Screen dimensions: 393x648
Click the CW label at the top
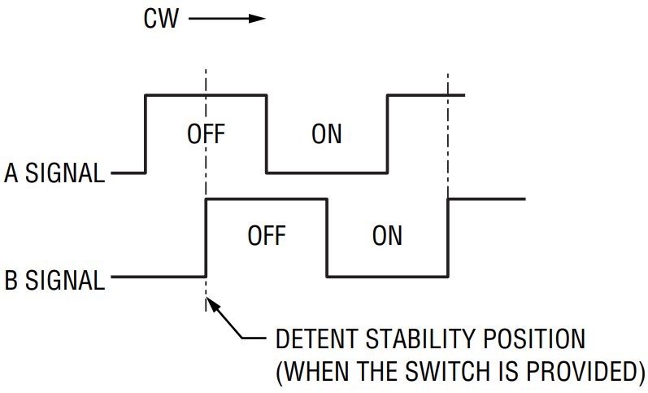point(162,18)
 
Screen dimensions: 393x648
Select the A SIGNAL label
point(54,173)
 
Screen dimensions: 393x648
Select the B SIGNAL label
point(54,280)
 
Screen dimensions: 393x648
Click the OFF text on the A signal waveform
point(206,133)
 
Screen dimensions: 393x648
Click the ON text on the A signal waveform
point(327,133)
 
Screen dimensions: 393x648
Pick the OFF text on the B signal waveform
point(267,236)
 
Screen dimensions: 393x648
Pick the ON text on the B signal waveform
point(387,236)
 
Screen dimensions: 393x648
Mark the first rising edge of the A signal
point(146,134)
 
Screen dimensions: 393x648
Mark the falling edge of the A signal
point(267,134)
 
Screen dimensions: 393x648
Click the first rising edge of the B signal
point(207,238)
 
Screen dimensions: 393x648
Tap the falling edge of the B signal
point(327,238)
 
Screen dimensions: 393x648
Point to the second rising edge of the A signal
point(387,134)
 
